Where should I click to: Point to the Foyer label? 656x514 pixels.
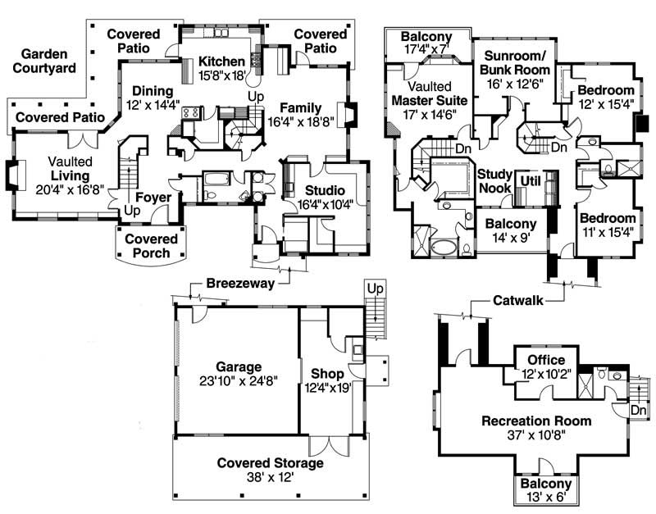pos(153,198)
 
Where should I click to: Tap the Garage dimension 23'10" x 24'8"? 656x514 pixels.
pos(239,381)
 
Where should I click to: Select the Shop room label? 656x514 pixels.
pos(326,366)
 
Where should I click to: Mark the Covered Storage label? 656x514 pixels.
pos(270,463)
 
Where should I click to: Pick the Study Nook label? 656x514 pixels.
pos(495,181)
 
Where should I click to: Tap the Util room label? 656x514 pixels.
pos(531,180)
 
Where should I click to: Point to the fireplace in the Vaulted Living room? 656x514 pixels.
pos(13,175)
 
